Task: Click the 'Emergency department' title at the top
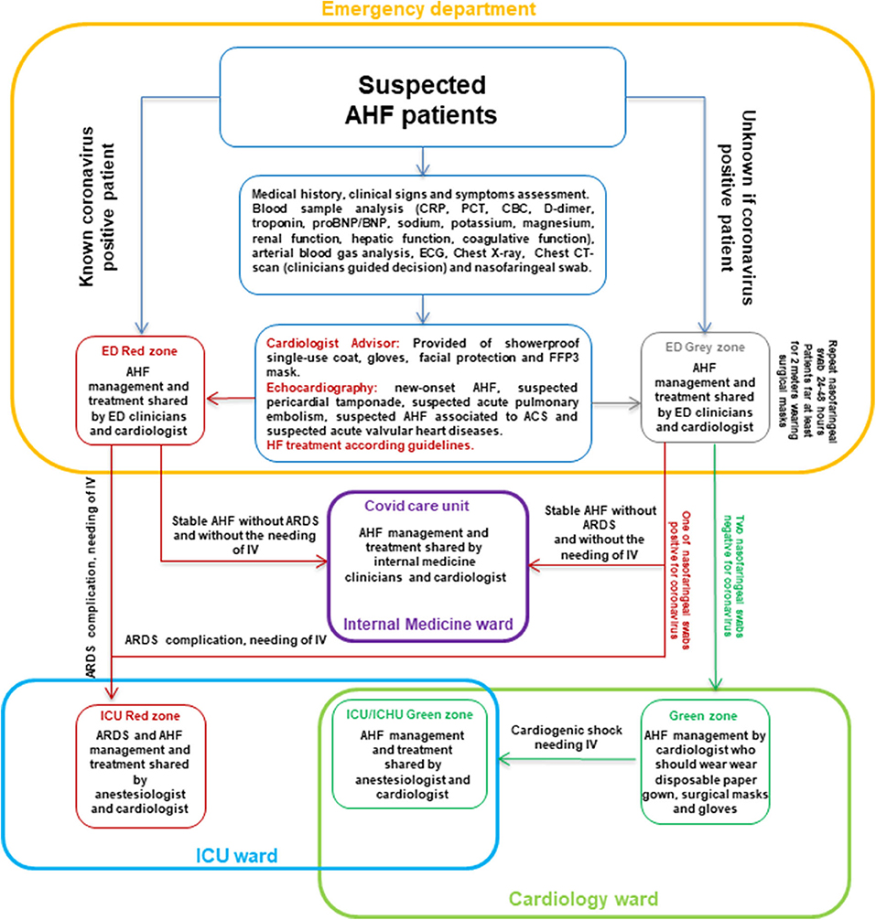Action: point(438,11)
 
